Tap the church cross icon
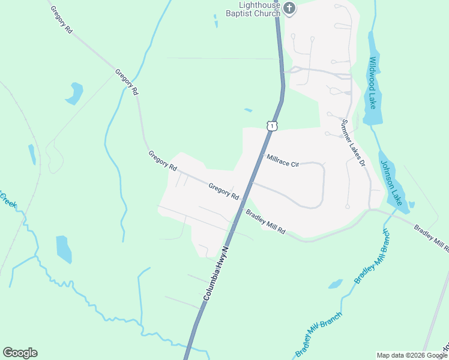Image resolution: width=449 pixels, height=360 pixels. tap(289, 8)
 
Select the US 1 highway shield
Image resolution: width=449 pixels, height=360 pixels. tap(273, 125)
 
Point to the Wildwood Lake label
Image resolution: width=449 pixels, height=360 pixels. tap(373, 83)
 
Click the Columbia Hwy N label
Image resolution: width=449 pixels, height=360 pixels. tap(217, 273)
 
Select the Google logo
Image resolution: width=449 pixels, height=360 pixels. tap(20, 353)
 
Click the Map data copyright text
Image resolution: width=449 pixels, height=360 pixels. tap(412, 355)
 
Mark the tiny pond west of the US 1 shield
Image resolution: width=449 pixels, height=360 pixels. tap(248, 110)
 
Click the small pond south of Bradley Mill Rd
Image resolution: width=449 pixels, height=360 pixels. tap(335, 284)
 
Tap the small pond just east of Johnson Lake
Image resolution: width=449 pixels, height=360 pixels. tap(411, 205)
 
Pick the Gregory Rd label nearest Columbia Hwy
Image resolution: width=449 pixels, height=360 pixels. tap(224, 192)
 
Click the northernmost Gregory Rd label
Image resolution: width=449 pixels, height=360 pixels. tap(62, 19)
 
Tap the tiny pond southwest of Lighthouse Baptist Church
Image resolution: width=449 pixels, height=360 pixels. tap(215, 21)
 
